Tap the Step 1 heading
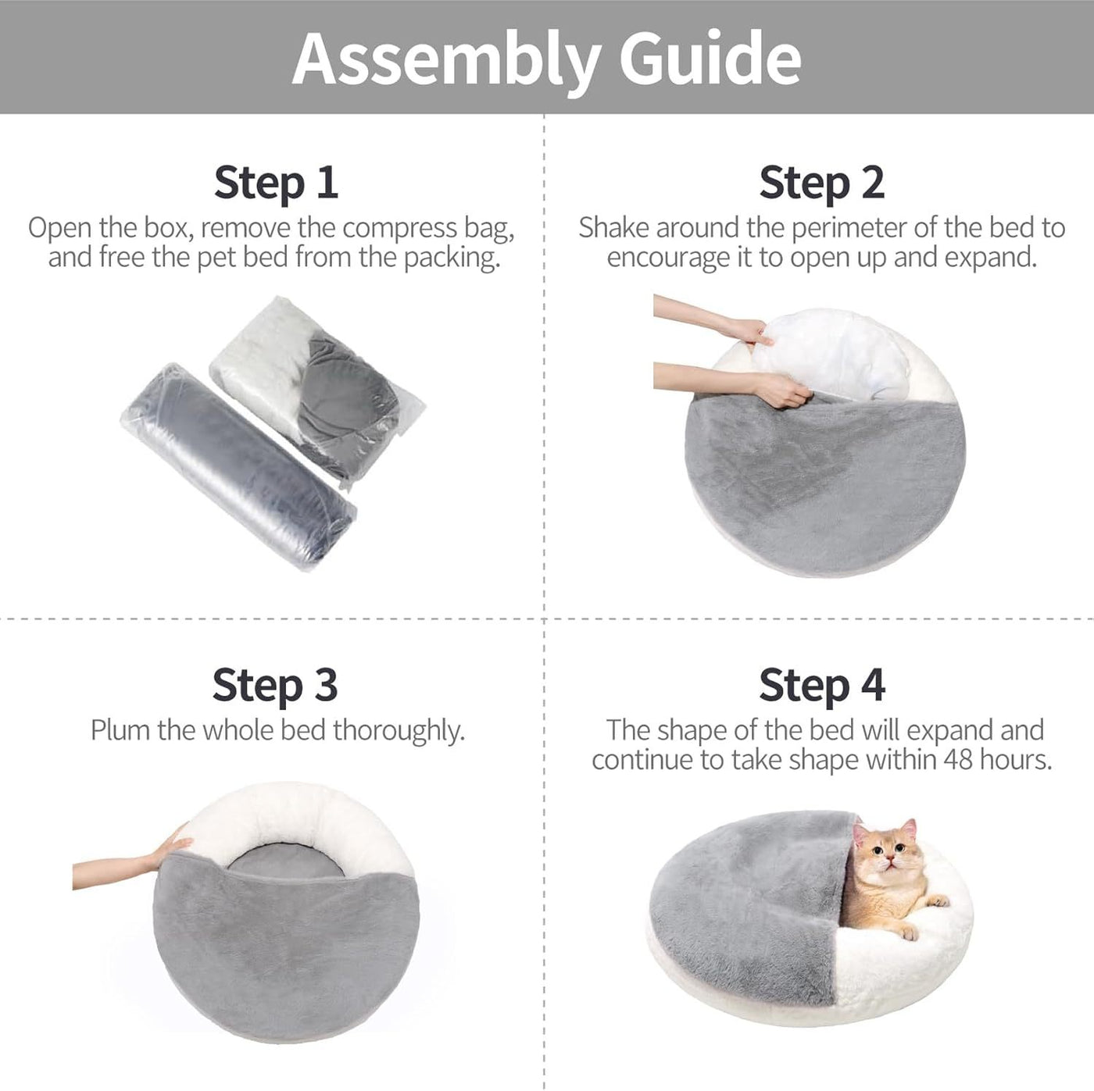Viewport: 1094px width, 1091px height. (276, 182)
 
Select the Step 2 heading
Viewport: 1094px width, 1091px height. (821, 182)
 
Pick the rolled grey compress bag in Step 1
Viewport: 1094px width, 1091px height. (239, 465)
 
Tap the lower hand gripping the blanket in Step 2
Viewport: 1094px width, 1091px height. (778, 390)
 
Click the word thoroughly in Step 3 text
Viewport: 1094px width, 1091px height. (398, 730)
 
